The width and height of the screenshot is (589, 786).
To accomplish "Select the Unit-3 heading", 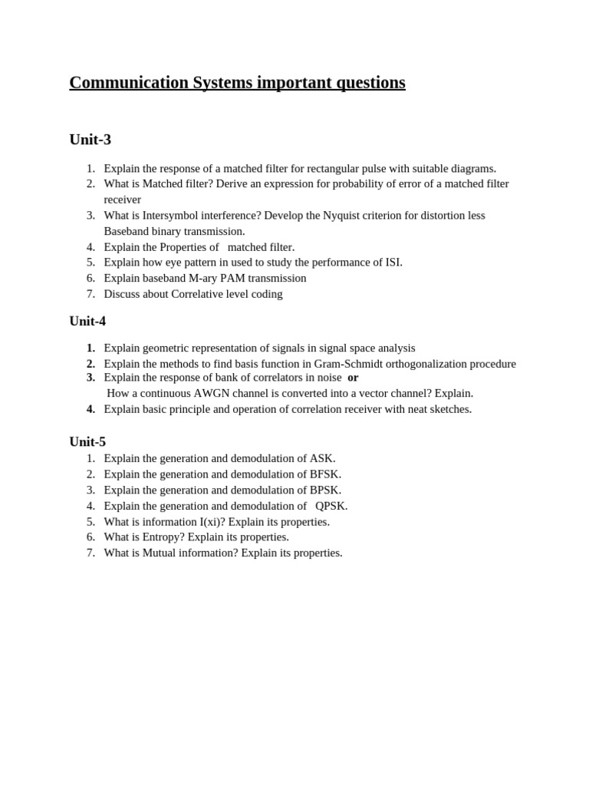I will pyautogui.click(x=90, y=140).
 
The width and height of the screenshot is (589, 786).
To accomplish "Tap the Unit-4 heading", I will pyautogui.click(x=87, y=321).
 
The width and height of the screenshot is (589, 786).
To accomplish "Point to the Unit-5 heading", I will pyautogui.click(x=87, y=441).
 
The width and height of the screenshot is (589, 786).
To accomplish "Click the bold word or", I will pyautogui.click(x=353, y=378).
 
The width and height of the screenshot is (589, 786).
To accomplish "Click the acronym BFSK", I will pyautogui.click(x=325, y=474).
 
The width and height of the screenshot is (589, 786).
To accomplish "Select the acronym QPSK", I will pyautogui.click(x=331, y=506).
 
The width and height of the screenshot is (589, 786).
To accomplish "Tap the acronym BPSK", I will pyautogui.click(x=325, y=490).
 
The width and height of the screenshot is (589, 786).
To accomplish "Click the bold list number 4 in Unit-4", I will pyautogui.click(x=90, y=409).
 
